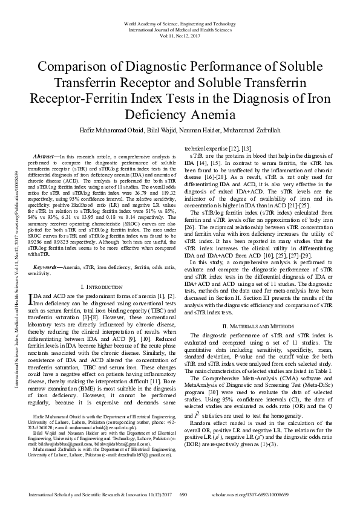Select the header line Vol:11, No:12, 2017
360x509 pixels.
tap(180, 36)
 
